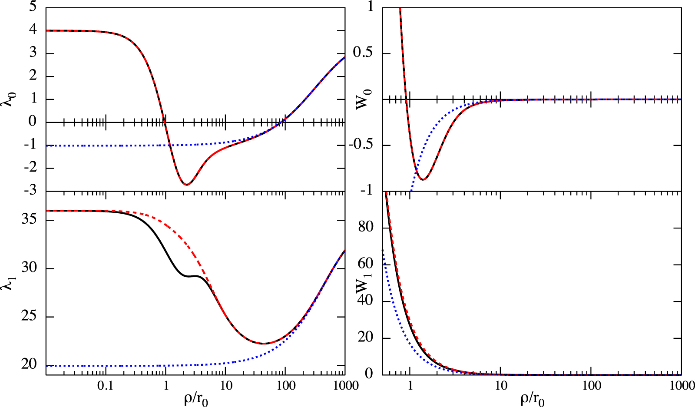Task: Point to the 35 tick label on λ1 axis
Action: [29, 219]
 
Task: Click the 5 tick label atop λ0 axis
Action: [33, 7]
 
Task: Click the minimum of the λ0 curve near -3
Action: [186, 185]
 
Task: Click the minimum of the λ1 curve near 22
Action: [264, 344]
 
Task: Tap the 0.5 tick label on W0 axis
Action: [363, 53]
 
